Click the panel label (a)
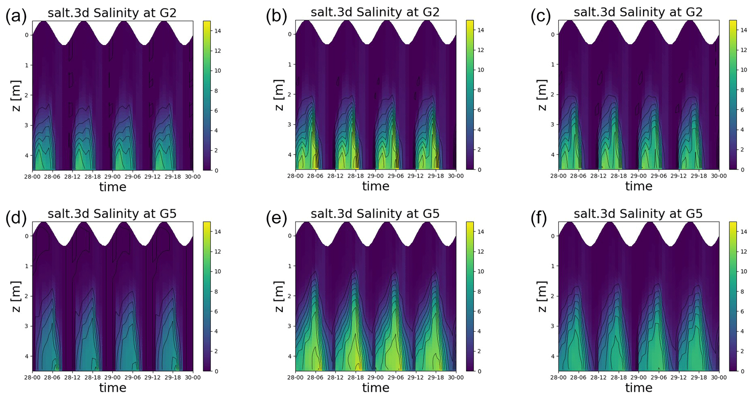tap(16, 17)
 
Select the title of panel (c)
tap(638, 12)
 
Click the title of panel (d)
tap(112, 214)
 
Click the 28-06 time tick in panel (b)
tap(315, 176)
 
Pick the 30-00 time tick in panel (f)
tap(719, 377)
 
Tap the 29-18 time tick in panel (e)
tap(436, 377)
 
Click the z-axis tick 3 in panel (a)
tap(26, 125)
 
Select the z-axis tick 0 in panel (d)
tap(26, 236)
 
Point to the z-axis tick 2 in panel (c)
tap(553, 94)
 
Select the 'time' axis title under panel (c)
tap(639, 186)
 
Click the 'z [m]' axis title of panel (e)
tap(279, 296)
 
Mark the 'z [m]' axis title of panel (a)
tap(16, 95)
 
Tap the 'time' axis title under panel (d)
tap(113, 388)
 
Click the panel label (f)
tap(539, 218)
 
